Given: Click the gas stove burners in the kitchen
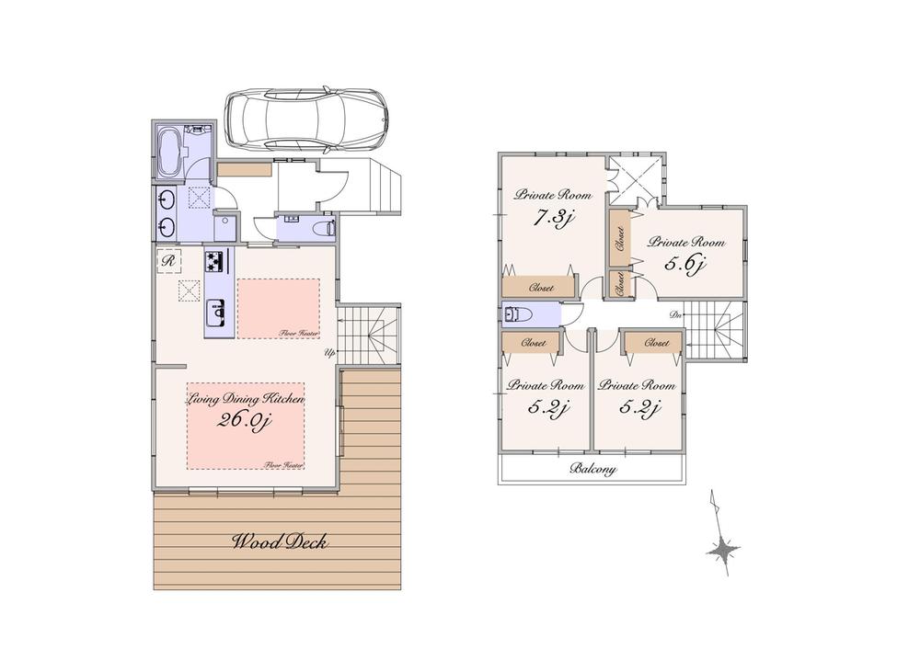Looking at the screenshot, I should click(215, 261).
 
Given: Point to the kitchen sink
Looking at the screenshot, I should click(218, 316).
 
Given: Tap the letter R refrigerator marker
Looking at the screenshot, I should click(168, 261).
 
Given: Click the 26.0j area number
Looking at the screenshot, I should click(246, 421).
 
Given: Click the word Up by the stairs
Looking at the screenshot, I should click(328, 353).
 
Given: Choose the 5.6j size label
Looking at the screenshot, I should click(685, 266).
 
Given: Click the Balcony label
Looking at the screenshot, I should click(592, 469).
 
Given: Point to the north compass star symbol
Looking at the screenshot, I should click(724, 550).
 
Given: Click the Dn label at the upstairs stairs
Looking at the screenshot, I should click(675, 315).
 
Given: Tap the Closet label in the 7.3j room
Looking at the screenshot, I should click(541, 288).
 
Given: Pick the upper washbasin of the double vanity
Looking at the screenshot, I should click(167, 199).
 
